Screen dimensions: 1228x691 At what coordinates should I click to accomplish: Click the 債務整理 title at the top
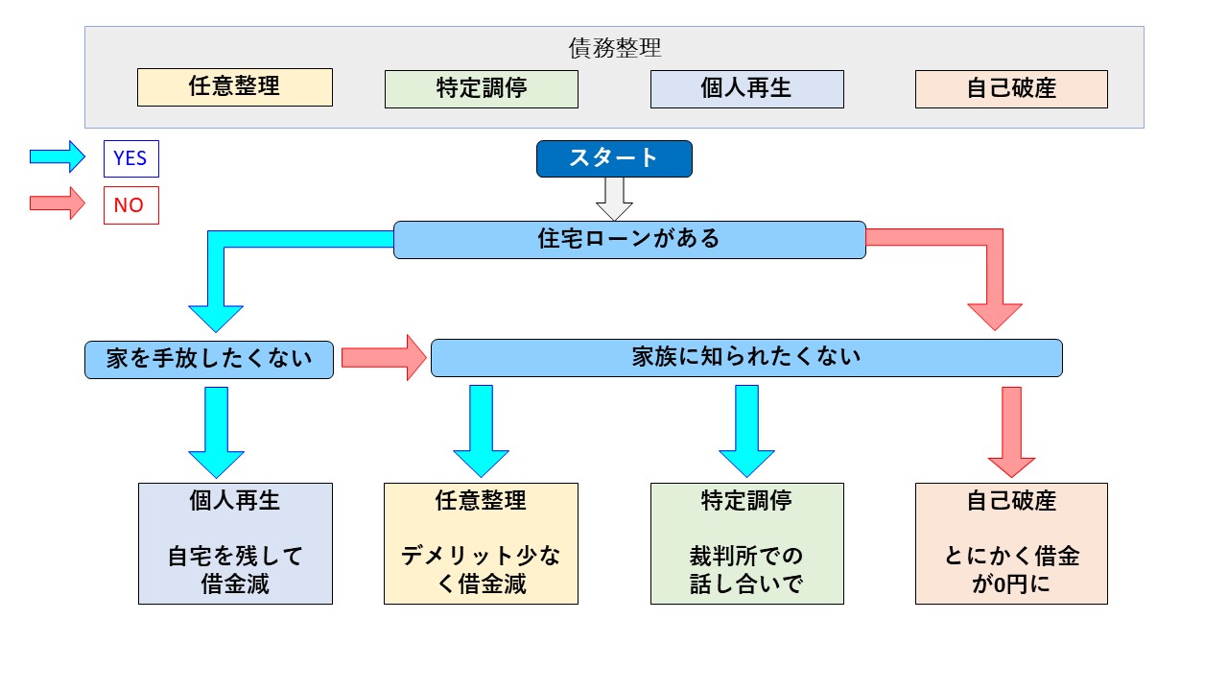tap(615, 48)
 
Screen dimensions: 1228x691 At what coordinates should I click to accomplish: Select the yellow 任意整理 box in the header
tap(235, 87)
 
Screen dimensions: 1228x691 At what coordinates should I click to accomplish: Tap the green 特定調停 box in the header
tap(482, 89)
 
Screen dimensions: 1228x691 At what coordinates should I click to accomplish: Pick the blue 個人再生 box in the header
tap(746, 89)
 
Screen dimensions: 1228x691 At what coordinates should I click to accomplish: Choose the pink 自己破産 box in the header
tap(1011, 89)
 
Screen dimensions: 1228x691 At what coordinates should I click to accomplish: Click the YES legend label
tap(131, 158)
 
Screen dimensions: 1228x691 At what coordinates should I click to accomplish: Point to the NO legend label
tap(131, 205)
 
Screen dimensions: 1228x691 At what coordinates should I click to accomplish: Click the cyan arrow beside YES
tap(58, 156)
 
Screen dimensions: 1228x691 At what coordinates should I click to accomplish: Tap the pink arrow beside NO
tap(58, 203)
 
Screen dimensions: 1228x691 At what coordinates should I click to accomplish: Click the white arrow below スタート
tap(614, 199)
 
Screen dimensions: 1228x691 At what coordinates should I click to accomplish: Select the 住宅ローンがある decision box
tap(629, 240)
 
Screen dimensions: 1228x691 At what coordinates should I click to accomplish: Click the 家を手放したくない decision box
tap(209, 360)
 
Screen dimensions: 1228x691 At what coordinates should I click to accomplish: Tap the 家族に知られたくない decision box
tap(746, 358)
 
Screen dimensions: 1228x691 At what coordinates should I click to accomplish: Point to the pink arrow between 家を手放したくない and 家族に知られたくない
tap(384, 358)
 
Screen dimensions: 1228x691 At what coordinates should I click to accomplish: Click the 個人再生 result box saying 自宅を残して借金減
tap(235, 543)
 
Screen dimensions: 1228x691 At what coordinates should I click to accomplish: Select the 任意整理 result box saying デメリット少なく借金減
tap(481, 543)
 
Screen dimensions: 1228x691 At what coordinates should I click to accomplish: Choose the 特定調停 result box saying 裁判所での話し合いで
tap(746, 543)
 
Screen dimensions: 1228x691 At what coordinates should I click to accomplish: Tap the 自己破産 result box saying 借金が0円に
tap(1011, 543)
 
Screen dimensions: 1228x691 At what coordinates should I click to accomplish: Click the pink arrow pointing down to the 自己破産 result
tap(1011, 432)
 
